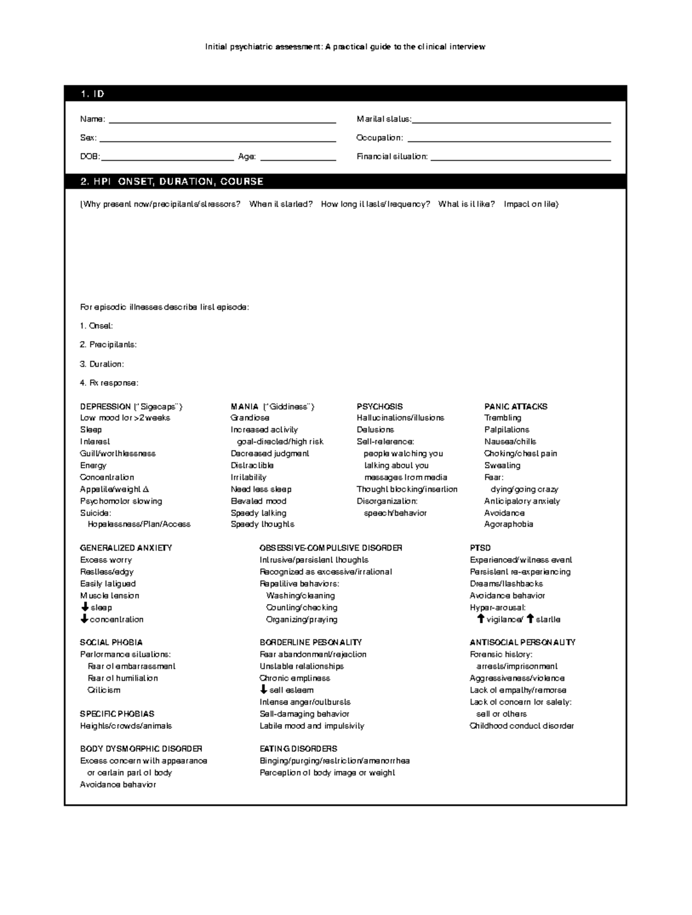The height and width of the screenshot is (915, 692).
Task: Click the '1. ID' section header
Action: coord(92,94)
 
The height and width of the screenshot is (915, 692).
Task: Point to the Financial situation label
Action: coord(392,156)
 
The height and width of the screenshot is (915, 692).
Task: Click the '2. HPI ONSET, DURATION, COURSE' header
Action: coord(172,182)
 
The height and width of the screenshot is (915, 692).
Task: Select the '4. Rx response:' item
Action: coord(109,383)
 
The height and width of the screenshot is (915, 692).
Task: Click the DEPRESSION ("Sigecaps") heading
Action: coord(131,406)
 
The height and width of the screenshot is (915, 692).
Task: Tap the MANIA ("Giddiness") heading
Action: coord(272,406)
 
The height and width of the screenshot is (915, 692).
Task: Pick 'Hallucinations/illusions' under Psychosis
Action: coord(400,417)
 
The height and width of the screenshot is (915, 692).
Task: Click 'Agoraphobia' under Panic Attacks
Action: coord(508,524)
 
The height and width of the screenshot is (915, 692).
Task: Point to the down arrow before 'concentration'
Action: coord(84,619)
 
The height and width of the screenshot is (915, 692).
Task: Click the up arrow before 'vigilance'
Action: coord(480,619)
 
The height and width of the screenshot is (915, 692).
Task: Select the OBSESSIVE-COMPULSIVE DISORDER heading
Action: coord(330,548)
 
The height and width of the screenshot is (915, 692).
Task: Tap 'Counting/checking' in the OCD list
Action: coord(302,607)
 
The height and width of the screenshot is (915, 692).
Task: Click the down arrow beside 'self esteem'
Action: coord(264,690)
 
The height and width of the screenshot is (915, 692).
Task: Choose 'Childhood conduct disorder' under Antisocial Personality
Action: coord(521,726)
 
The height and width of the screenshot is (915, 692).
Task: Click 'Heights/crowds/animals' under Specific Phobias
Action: coord(126,726)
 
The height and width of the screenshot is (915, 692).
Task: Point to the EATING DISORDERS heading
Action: coord(298,748)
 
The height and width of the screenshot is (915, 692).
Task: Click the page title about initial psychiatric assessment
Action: coord(345,47)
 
